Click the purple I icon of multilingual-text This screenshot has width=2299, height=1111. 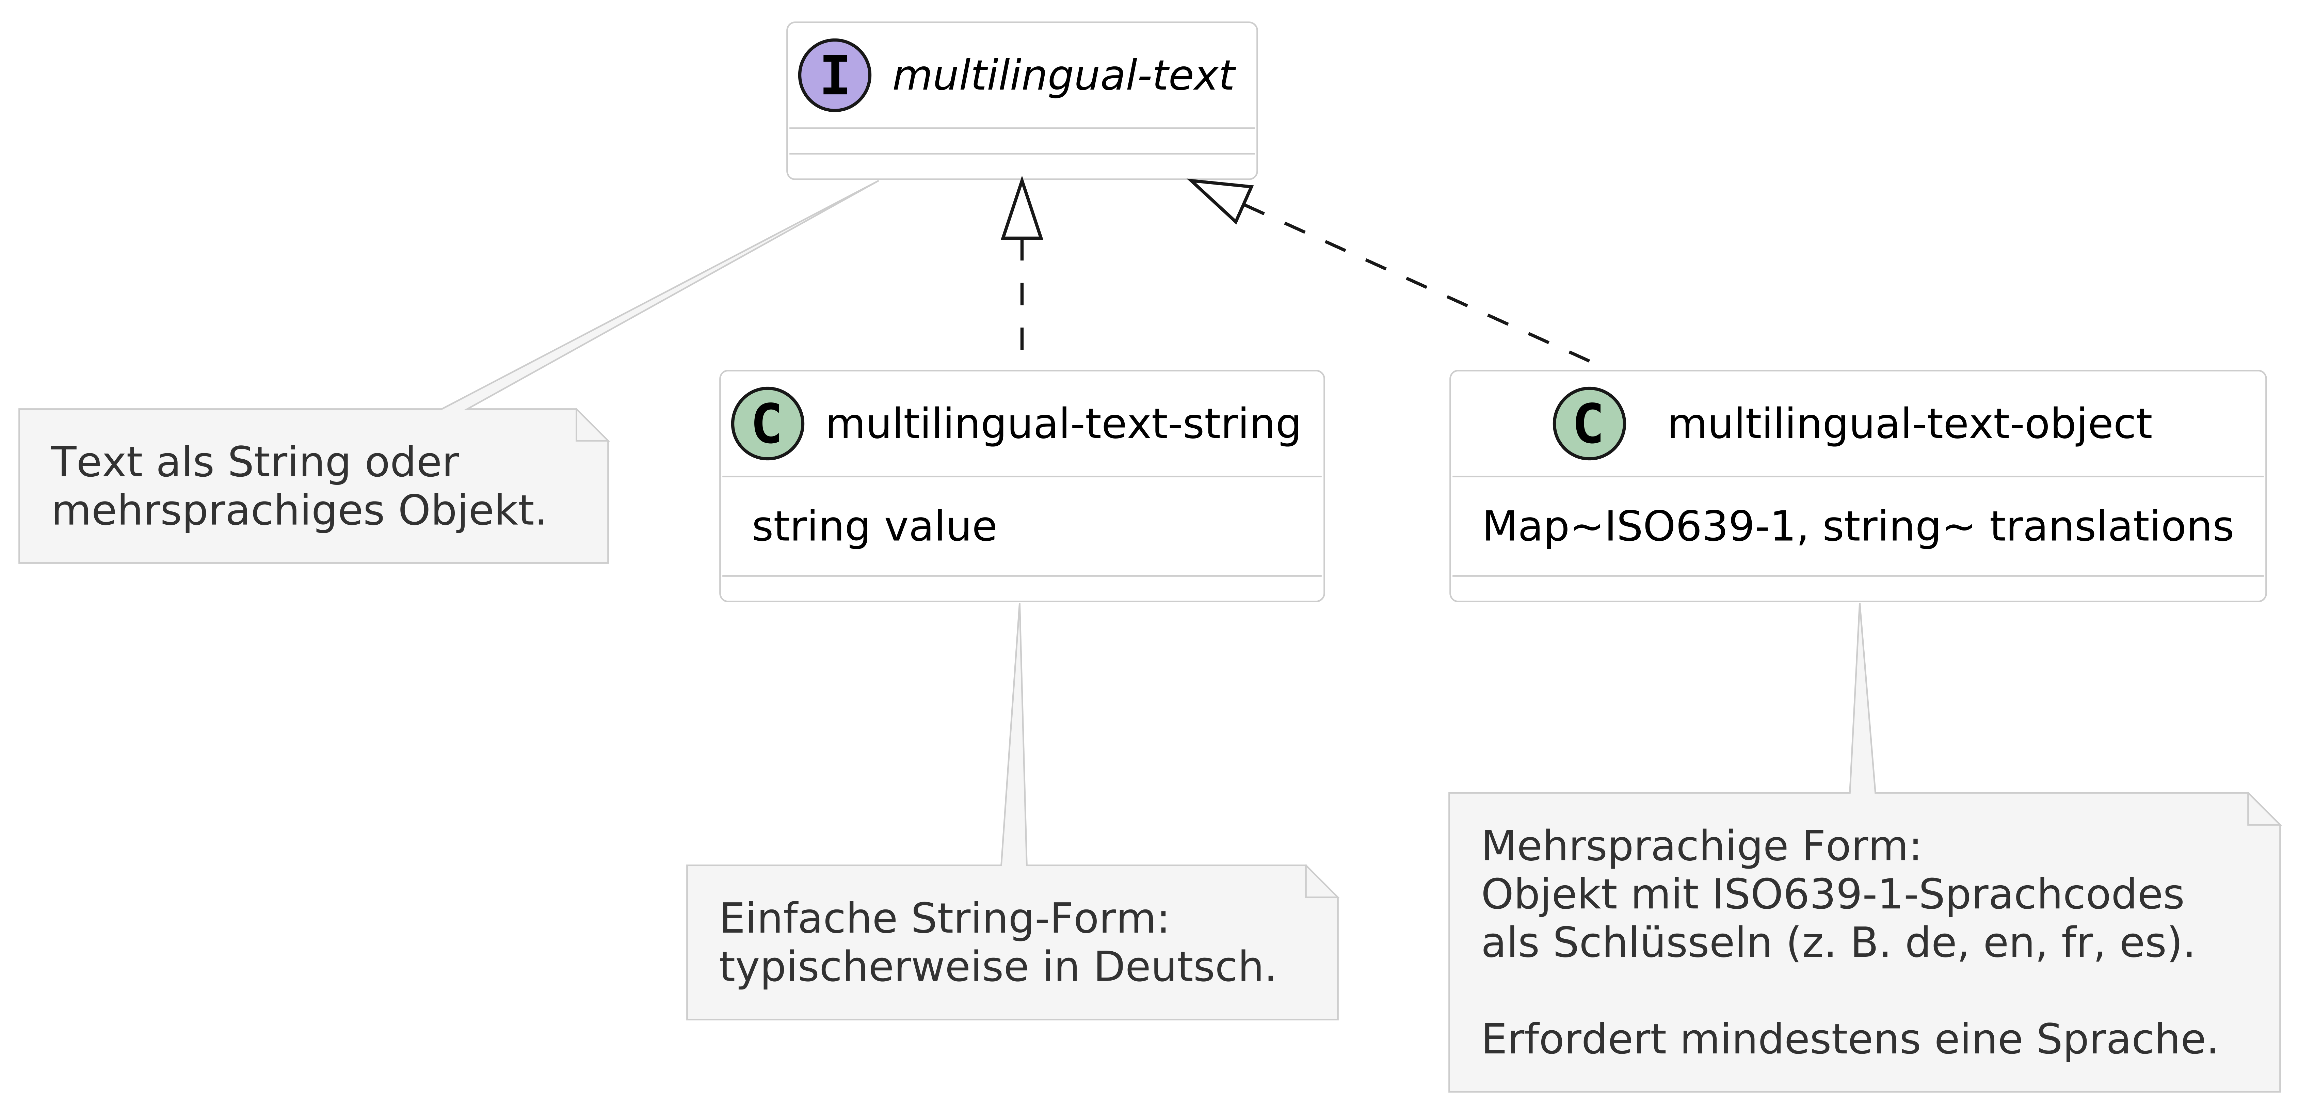pos(834,76)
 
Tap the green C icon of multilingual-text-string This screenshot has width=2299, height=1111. pos(768,424)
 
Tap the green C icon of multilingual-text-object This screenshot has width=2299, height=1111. pos(1590,424)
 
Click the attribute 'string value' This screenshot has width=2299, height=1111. pos(874,526)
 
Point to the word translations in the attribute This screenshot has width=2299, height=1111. pos(2111,526)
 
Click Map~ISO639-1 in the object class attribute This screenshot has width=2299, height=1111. pos(1638,526)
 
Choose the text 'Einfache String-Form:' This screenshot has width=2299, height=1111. pos(943,919)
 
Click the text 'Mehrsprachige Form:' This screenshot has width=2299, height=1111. pos(1700,846)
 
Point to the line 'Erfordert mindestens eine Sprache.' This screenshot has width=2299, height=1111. pos(1849,1039)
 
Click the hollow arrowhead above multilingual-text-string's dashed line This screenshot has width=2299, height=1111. pos(1022,212)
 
